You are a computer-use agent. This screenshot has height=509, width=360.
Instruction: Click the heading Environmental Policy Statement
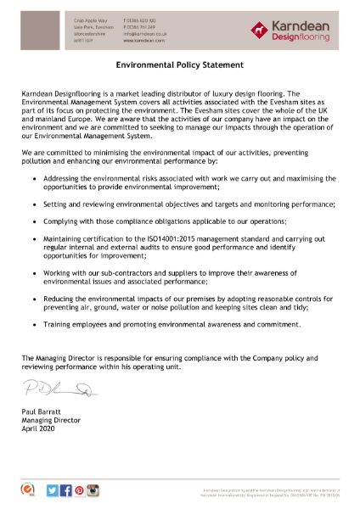click(x=179, y=64)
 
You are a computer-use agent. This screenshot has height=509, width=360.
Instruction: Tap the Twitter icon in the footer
click(x=53, y=489)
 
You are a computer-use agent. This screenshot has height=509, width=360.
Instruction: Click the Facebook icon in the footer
click(x=66, y=489)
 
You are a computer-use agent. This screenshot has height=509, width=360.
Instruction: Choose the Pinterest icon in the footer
click(x=79, y=489)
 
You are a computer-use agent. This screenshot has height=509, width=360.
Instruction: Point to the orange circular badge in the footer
click(x=27, y=489)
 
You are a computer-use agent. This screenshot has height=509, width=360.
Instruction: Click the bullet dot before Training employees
click(x=33, y=324)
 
